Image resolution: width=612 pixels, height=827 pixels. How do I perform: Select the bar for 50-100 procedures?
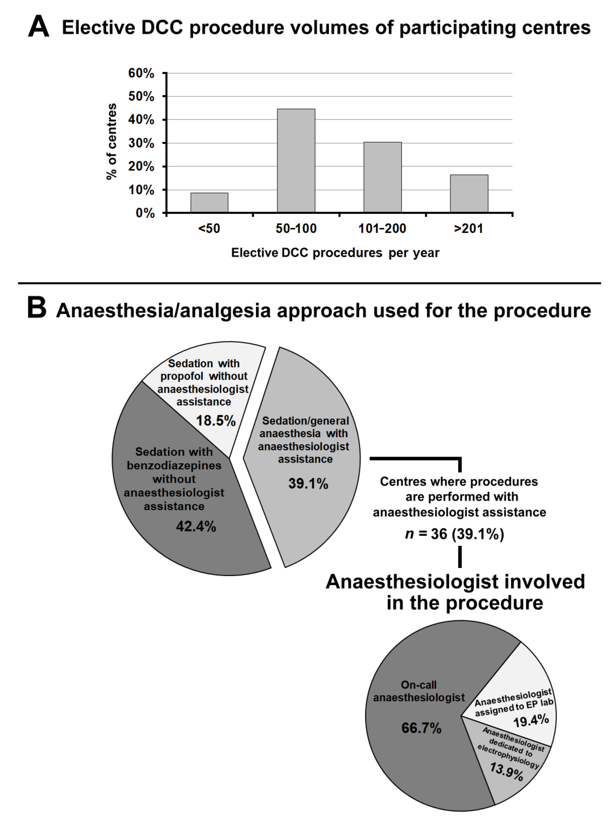click(x=296, y=161)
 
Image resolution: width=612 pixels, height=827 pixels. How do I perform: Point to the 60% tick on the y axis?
click(x=141, y=73)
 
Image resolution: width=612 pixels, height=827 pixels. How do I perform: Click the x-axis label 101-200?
click(x=382, y=229)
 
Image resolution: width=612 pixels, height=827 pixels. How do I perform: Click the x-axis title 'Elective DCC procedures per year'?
click(x=335, y=253)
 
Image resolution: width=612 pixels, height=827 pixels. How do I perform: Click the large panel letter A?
click(x=39, y=27)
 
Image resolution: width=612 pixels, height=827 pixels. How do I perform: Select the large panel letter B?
click(x=37, y=308)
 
